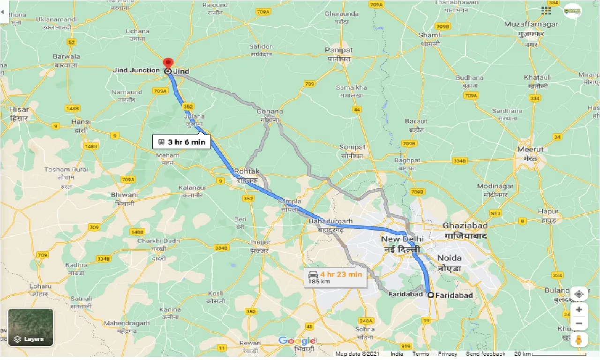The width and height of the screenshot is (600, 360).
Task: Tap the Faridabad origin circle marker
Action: pos(430,295)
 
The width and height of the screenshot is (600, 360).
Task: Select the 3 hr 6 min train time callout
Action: pos(181,142)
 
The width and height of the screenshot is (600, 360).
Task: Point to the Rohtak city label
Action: pos(247,172)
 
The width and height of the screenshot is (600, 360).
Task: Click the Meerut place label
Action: pos(531,150)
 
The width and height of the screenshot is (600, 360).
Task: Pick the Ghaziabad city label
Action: pos(465,226)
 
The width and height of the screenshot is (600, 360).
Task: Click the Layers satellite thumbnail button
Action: pos(30,327)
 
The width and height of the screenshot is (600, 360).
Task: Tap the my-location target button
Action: pos(579,294)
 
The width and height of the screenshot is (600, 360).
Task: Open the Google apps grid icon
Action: pos(546,10)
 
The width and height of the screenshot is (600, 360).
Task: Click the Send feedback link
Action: pos(486,354)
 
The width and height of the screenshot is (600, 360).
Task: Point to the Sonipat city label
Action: pos(352,147)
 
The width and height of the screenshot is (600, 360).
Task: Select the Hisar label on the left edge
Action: pos(19,109)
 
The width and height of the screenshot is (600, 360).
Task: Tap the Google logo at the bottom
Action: pos(297,341)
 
